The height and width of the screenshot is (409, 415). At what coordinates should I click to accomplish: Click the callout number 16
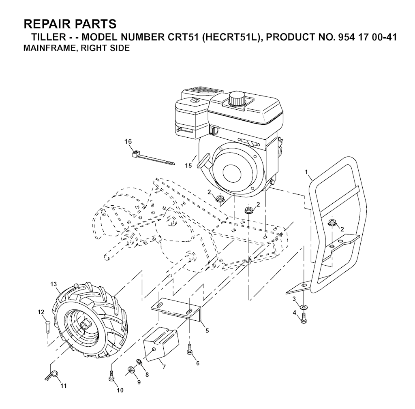click(x=128, y=141)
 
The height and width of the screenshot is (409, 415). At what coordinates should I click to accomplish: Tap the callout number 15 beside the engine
click(x=188, y=166)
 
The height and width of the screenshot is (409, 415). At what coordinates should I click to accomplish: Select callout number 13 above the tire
click(x=53, y=284)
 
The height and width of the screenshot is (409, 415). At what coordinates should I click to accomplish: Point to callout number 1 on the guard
click(x=306, y=172)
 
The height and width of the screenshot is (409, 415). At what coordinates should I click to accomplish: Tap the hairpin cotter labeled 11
click(x=52, y=375)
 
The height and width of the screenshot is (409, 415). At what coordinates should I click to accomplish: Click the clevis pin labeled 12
click(x=48, y=326)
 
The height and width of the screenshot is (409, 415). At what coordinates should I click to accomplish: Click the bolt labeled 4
click(x=304, y=318)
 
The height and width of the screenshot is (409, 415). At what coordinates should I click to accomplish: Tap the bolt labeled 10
click(x=111, y=376)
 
